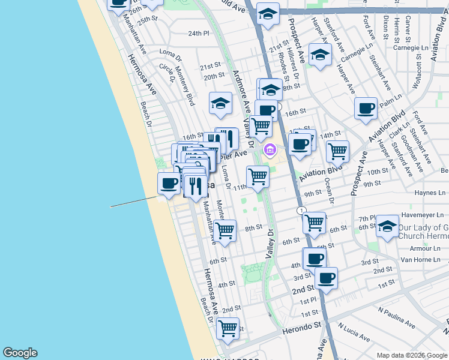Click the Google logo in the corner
click(20, 353)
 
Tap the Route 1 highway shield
click(301, 211)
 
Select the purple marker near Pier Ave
click(270, 149)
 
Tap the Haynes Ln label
click(430, 193)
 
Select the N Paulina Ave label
click(396, 317)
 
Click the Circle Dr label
click(167, 71)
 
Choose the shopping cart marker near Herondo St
click(228, 328)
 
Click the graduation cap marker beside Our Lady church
click(387, 226)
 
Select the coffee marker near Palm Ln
click(366, 109)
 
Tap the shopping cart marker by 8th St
click(225, 230)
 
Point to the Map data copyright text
click(412, 355)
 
